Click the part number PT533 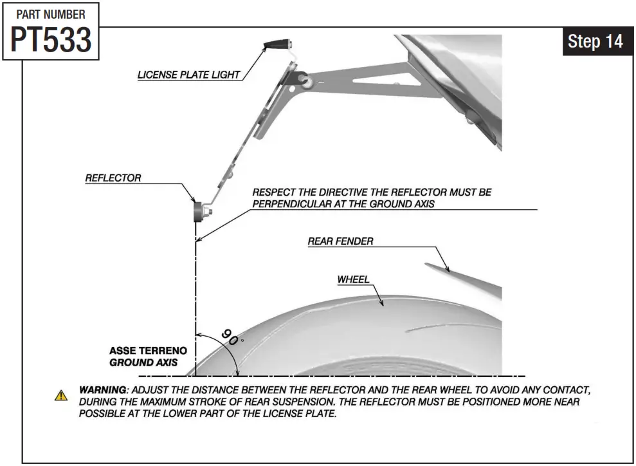point(51,40)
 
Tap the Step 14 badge point(595,42)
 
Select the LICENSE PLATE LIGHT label point(188,75)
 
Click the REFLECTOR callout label point(113,178)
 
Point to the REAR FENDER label point(340,241)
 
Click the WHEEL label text point(353,279)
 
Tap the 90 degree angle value point(229,337)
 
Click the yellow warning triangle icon point(61,395)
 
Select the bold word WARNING point(102,390)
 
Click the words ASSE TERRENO point(148,351)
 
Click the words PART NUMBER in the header point(51,14)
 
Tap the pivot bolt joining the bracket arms point(302,82)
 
